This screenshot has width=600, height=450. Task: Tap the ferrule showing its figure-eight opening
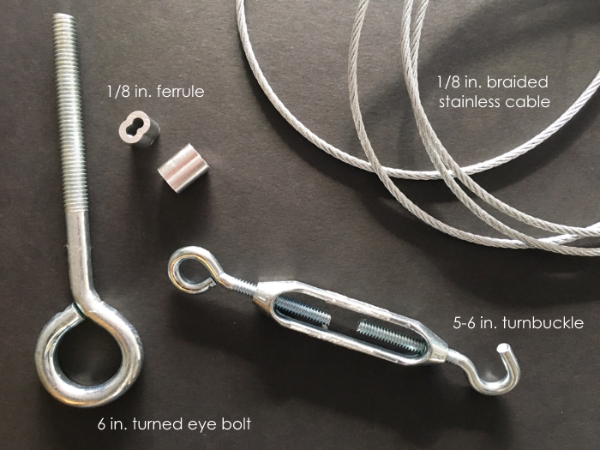click(x=138, y=129)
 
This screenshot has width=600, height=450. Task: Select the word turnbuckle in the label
click(x=543, y=323)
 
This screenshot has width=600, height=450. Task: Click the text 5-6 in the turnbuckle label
click(x=466, y=324)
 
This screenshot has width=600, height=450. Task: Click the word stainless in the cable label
click(x=471, y=102)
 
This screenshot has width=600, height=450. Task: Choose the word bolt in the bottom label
click(x=237, y=424)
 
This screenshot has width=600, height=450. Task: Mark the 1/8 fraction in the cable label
click(x=448, y=82)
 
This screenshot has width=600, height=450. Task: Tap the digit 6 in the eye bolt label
click(x=101, y=424)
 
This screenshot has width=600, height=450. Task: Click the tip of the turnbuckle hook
click(x=503, y=349)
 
